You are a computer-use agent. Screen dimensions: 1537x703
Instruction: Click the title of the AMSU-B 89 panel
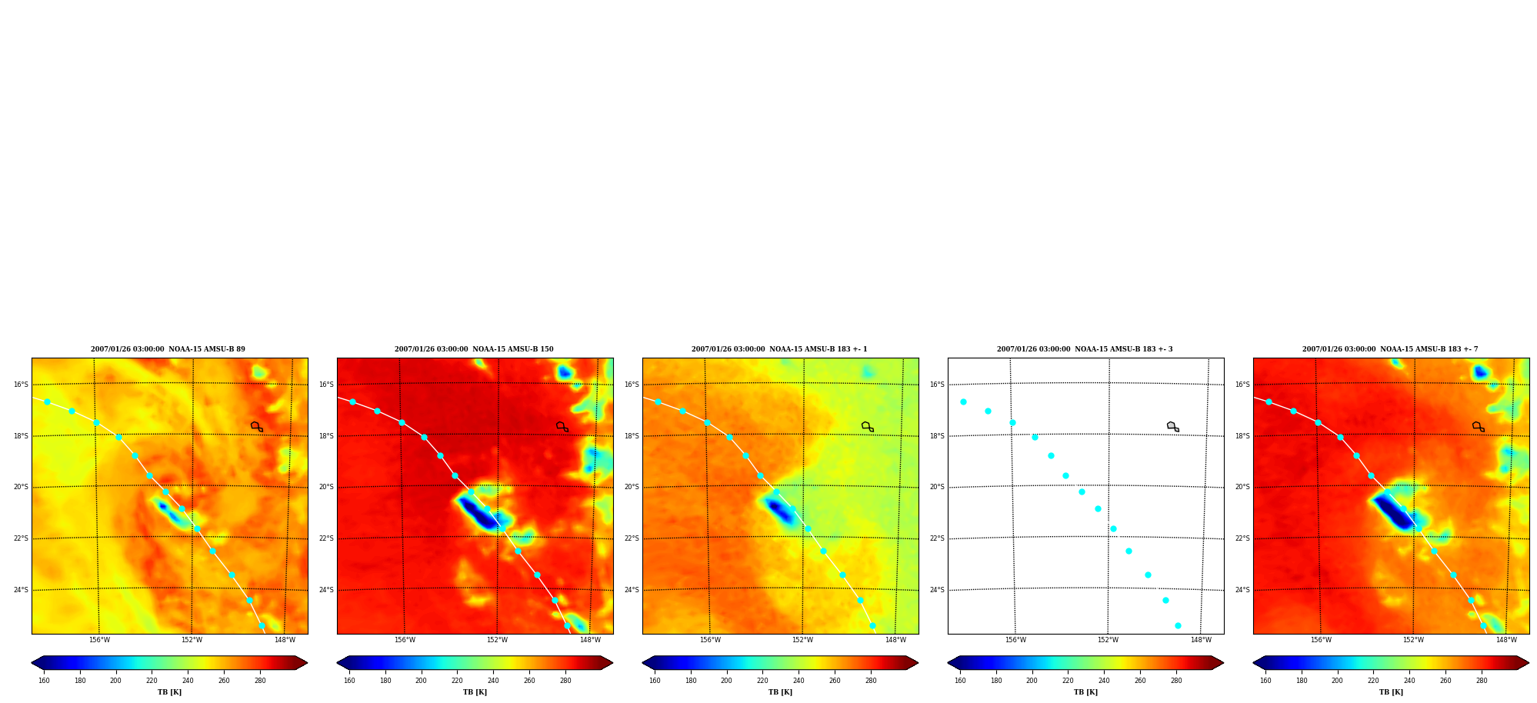168,349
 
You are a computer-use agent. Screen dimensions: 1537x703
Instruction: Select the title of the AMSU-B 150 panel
474,349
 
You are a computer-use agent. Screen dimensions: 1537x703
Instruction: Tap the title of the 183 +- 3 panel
1085,349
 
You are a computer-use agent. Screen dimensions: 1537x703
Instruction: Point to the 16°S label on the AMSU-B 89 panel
21,385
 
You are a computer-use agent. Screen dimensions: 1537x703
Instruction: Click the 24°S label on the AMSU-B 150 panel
326,590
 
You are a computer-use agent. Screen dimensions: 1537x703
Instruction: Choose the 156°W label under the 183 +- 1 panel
710,640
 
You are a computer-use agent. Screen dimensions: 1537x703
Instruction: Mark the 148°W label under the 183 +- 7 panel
1506,640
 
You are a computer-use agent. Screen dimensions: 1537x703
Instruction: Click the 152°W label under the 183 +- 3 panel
1108,640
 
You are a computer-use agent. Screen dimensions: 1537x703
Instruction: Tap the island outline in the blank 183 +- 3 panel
1172,426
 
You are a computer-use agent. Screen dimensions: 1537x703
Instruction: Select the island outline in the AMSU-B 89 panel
256,426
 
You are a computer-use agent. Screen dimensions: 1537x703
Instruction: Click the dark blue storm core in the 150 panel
478,512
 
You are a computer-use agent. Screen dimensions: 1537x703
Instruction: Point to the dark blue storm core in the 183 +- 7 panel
1393,511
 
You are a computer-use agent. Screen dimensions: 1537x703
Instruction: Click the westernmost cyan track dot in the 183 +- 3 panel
963,401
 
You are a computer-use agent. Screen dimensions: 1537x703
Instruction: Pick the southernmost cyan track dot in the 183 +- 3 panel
1178,625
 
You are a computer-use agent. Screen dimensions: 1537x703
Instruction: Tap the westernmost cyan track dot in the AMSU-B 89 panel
47,401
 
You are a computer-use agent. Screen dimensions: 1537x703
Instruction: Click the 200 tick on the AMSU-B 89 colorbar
115,681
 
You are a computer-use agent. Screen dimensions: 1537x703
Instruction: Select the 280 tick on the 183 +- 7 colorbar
1482,681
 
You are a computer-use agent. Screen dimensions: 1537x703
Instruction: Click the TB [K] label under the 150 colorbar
475,692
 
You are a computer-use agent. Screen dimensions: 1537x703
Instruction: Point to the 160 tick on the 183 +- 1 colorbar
655,681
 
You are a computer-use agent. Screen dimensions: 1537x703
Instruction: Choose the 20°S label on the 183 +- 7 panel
1242,487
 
